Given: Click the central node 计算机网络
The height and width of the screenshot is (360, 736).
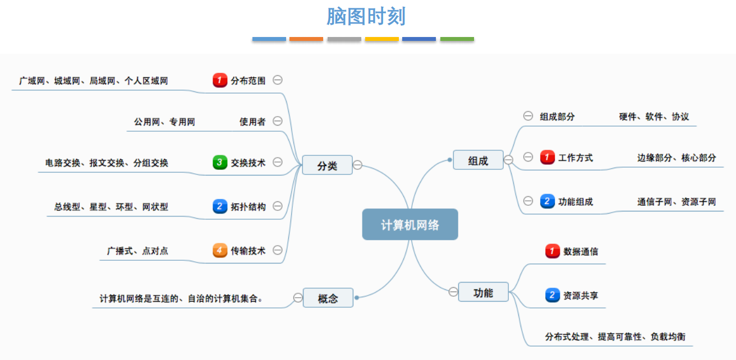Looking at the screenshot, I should point(410,225).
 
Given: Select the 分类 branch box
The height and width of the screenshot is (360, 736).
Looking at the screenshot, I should point(327,165).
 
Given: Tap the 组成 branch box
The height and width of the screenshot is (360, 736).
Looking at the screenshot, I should point(478,161).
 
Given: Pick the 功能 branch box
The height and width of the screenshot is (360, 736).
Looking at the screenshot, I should point(483,292).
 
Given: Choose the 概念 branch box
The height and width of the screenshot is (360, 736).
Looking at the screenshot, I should point(328,298).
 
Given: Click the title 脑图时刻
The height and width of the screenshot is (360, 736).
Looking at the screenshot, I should point(366,17).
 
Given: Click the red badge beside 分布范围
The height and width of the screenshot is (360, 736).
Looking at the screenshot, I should point(220,80).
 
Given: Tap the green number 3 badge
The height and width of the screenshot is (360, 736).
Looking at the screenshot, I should point(220,163).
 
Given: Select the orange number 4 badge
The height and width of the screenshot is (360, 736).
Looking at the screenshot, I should point(220,250).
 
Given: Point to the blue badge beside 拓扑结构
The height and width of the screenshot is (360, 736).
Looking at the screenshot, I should point(220,206).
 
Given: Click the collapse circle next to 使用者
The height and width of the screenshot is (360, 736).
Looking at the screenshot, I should point(277,121).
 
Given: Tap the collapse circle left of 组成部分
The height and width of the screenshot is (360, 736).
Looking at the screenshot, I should point(528,116).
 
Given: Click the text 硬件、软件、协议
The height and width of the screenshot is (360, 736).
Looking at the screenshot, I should point(654,117).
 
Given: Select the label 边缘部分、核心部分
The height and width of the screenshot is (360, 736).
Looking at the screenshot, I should point(677,158).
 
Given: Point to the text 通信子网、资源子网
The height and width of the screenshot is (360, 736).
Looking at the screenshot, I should point(677,202).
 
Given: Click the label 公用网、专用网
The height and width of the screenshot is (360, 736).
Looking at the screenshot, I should point(164,122).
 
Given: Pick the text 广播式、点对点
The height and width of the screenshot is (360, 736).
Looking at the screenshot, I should point(137,251).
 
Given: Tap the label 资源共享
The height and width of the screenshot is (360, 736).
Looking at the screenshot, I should point(581,295).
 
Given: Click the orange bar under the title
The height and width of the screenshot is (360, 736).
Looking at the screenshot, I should point(306,39).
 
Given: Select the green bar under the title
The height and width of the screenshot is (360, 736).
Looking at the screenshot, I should point(457,39).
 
